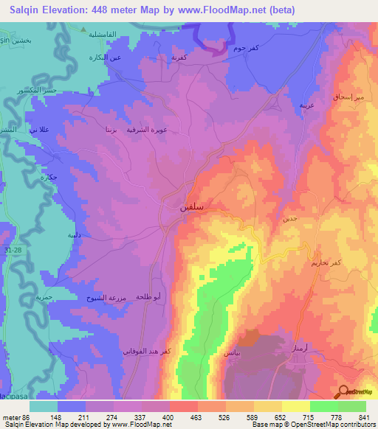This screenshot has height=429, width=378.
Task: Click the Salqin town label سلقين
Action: (192, 209)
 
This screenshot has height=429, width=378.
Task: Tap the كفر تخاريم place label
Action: (325, 262)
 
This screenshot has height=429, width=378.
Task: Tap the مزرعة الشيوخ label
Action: (111, 298)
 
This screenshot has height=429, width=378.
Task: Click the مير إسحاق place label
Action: (348, 96)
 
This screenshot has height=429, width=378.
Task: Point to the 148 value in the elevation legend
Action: (55, 416)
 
